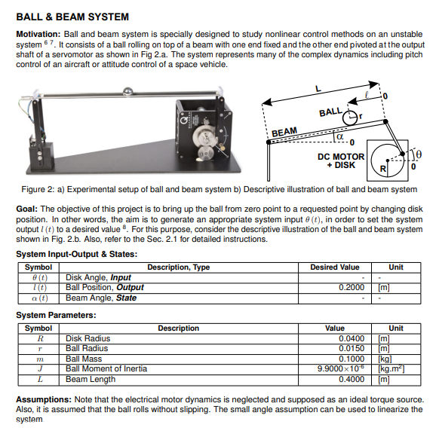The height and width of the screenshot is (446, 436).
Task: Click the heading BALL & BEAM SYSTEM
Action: pos(72,17)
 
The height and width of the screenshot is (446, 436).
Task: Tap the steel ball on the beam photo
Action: pos(128,93)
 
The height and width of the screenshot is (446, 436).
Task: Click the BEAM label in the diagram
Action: pos(284,132)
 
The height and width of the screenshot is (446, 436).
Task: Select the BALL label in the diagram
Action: pos(331,112)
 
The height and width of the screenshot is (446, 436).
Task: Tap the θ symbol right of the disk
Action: pos(420,154)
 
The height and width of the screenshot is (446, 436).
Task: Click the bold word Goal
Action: pos(27,208)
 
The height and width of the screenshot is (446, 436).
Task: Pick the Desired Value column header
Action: pos(335,267)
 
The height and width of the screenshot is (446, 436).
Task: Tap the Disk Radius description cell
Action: pos(88,339)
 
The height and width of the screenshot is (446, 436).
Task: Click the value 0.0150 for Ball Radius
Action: pos(352,349)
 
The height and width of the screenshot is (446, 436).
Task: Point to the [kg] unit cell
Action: pos(384,359)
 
